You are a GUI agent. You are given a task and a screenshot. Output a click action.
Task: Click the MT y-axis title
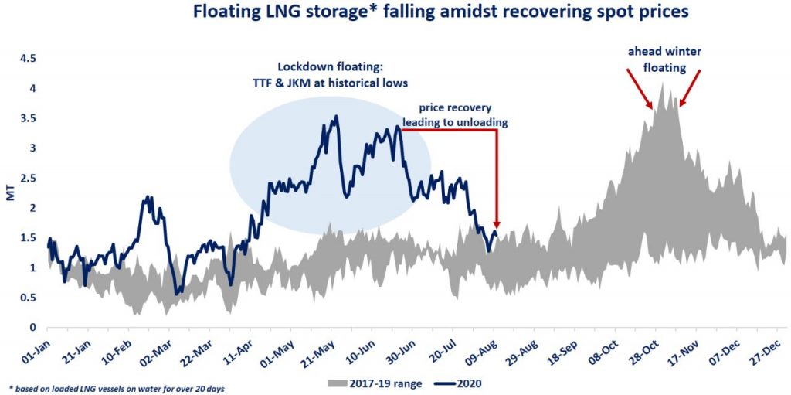point(10,192)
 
